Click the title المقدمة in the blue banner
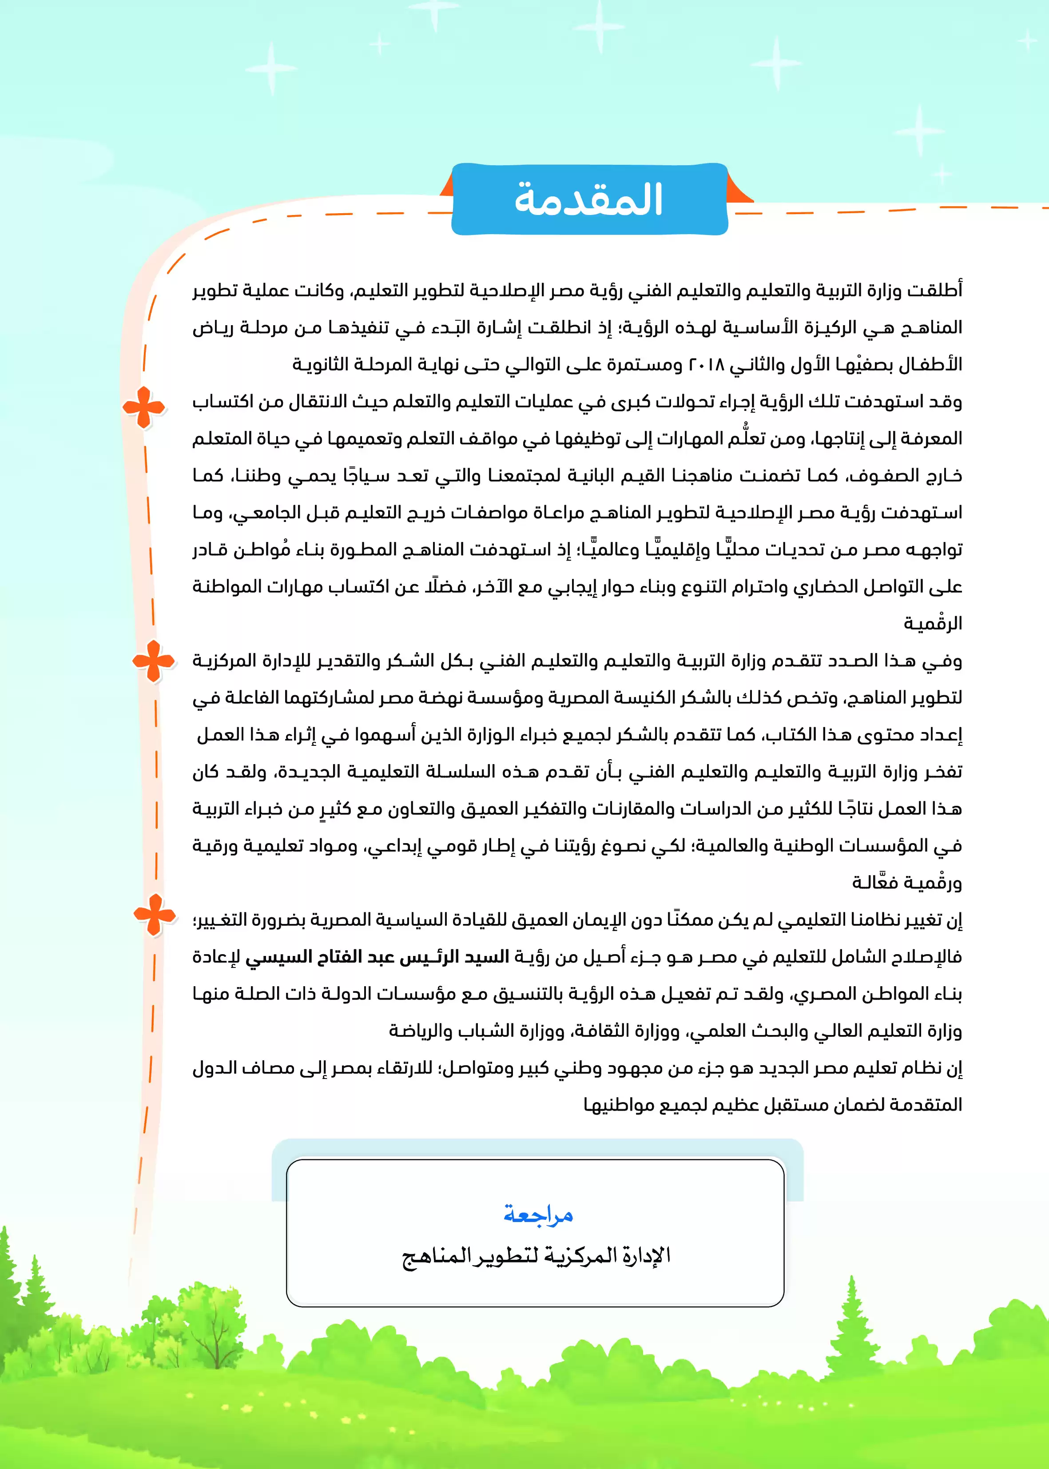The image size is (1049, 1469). tap(588, 199)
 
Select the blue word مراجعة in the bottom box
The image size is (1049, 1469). tap(538, 1214)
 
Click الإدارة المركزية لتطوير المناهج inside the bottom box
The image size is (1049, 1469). tap(536, 1257)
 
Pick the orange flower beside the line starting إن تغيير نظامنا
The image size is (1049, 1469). tap(155, 915)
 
